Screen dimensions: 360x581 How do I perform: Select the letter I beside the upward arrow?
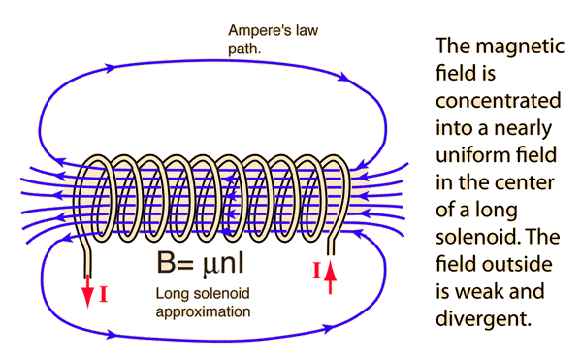tap(315, 272)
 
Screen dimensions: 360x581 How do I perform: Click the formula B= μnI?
tap(200, 261)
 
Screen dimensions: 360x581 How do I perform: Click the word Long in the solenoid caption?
tap(170, 294)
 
